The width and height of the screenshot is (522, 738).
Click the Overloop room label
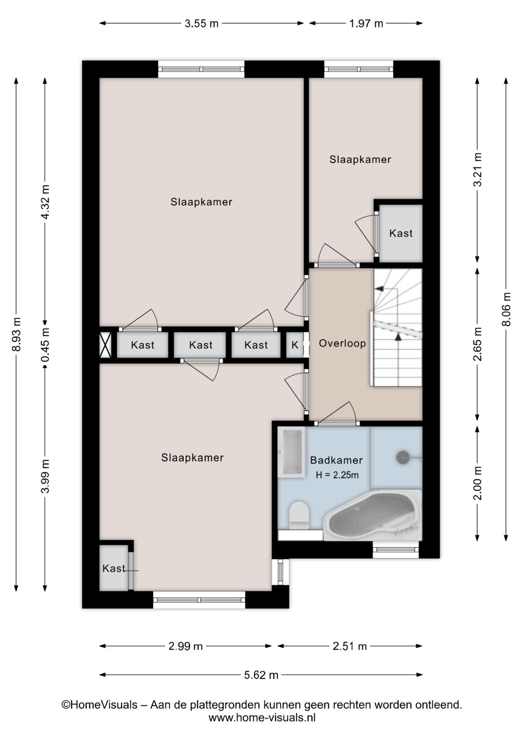pos(342,343)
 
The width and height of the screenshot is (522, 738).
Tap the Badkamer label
pos(336,460)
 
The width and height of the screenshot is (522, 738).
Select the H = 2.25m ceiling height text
pos(337,475)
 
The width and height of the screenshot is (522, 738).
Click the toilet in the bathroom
pos(299,515)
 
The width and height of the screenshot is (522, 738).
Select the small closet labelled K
pos(295,345)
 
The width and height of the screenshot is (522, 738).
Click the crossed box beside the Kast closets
pos(105,345)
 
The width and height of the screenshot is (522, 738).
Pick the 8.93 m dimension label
pos(16,334)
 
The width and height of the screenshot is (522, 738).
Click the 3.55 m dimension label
pos(201,24)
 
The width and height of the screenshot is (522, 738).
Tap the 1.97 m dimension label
pos(366,24)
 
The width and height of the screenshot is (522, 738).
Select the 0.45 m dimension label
pos(45,345)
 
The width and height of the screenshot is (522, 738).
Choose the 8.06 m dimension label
pos(507,309)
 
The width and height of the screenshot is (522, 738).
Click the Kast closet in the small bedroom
pos(401,233)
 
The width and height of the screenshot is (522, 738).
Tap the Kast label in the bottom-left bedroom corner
pos(114,568)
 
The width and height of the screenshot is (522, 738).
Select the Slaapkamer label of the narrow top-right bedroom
pos(360,160)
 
